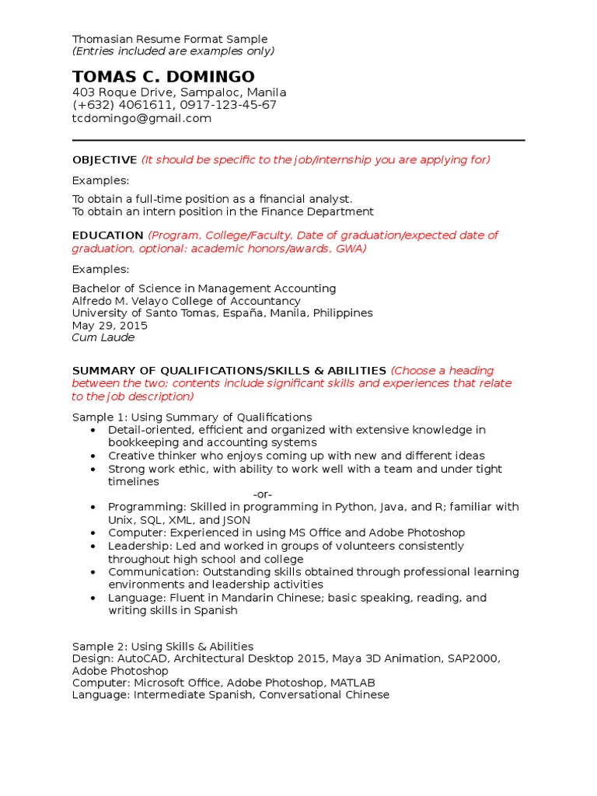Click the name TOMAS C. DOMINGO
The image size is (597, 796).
[163, 76]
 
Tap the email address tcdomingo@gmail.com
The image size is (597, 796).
[141, 118]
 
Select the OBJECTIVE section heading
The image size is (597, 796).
[104, 159]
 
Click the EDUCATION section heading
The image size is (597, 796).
[107, 235]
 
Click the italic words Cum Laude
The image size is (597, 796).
[103, 337]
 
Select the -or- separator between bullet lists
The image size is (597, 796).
[263, 494]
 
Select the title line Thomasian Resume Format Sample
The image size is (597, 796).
[169, 39]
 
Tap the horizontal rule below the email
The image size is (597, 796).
[298, 141]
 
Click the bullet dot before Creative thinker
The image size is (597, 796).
[93, 456]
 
